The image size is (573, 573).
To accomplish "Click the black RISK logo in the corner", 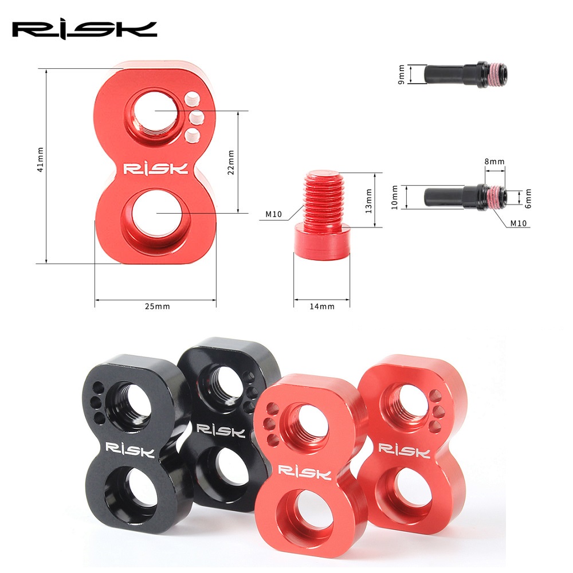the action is pyautogui.click(x=84, y=30).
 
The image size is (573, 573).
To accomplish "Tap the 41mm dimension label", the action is pyautogui.click(x=40, y=159).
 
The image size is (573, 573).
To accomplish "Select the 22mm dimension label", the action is pyautogui.click(x=230, y=162).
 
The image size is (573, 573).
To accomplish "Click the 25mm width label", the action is pyautogui.click(x=157, y=306).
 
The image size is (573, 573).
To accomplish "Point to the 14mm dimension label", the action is pyautogui.click(x=322, y=307).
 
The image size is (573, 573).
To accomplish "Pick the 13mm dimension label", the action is pyautogui.click(x=368, y=201).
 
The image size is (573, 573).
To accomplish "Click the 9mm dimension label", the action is pyautogui.click(x=401, y=74).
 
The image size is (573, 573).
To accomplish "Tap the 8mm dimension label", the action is pyautogui.click(x=494, y=162).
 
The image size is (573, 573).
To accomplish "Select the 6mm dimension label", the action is pyautogui.click(x=528, y=198).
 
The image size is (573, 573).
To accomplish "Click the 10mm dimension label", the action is pyautogui.click(x=394, y=197).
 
